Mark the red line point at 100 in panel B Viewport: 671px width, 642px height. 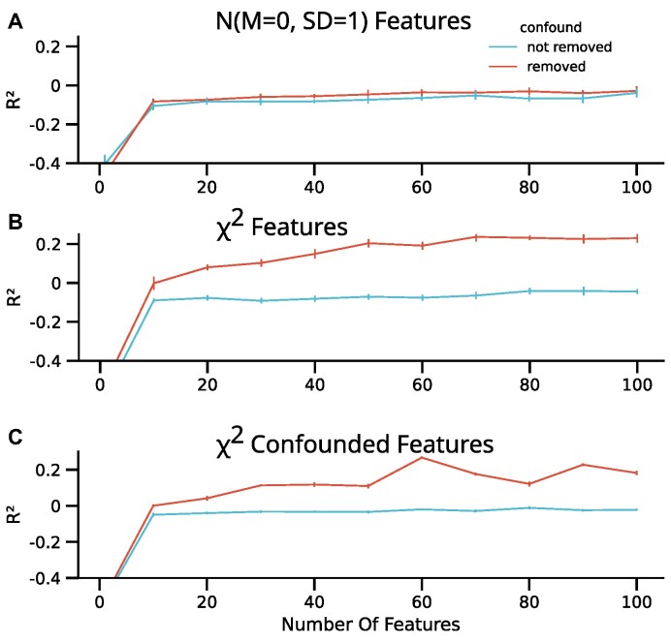pyautogui.click(x=637, y=237)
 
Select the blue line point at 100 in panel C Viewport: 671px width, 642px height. pyautogui.click(x=637, y=509)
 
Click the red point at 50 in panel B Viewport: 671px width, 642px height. pyautogui.click(x=368, y=243)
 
